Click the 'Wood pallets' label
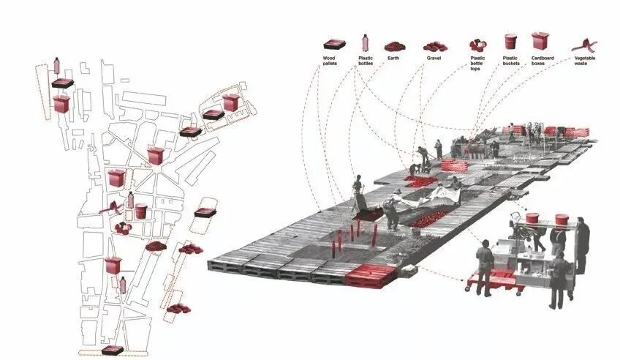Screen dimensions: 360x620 (333, 60)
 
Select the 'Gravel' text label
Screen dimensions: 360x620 (434, 57)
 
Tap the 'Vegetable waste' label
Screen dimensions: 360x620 (584, 60)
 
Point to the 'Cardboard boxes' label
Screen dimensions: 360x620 (542, 60)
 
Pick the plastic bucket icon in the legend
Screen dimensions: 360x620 (510, 42)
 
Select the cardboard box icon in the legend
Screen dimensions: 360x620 (541, 41)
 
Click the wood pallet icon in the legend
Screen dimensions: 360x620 (333, 45)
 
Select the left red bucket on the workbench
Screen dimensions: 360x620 (532, 218)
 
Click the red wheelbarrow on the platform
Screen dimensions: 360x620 (370, 213)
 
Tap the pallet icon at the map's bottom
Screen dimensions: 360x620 (112, 350)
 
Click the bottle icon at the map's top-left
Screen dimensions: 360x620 (58, 66)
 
